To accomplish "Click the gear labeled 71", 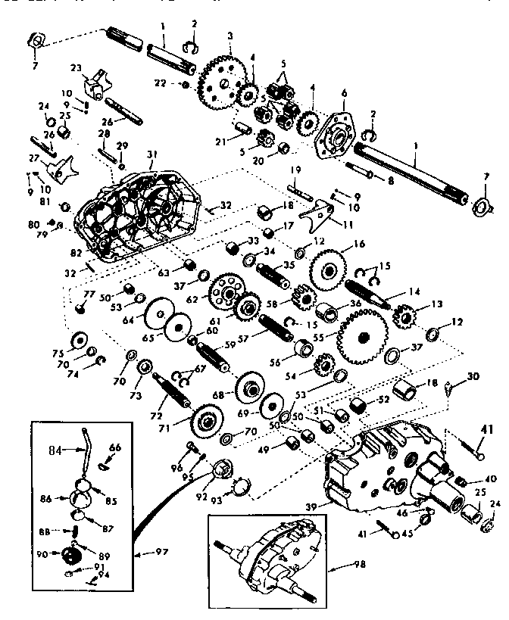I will [205, 418].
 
